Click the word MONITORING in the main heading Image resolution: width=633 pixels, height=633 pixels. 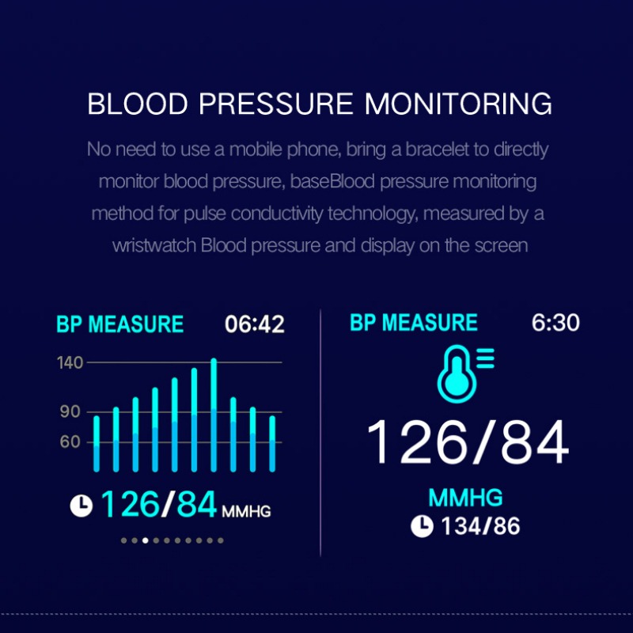(x=458, y=104)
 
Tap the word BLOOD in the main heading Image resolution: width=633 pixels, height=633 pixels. (x=138, y=104)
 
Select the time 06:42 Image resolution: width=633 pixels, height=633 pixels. (x=254, y=324)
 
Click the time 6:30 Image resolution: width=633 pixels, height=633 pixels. (x=555, y=322)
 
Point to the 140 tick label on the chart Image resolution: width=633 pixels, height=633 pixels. (x=70, y=362)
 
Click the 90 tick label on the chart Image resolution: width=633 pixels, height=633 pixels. (x=70, y=411)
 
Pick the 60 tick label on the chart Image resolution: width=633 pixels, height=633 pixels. (x=70, y=442)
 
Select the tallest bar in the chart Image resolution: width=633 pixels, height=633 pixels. (x=214, y=415)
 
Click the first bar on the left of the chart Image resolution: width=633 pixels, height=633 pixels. (x=97, y=444)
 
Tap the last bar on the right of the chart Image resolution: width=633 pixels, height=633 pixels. (x=272, y=444)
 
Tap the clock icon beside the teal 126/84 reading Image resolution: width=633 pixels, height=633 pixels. (x=81, y=506)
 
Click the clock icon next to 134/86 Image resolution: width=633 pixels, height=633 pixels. (x=422, y=526)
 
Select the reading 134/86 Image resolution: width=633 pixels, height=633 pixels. (x=480, y=526)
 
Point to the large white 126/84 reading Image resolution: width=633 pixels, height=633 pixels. (x=468, y=442)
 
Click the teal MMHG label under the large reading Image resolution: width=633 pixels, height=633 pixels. (x=465, y=498)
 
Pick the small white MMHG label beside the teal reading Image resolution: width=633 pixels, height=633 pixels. (x=246, y=511)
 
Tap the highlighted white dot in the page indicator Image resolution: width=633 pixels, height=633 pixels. (x=146, y=540)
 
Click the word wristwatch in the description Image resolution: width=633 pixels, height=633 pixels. (x=154, y=245)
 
